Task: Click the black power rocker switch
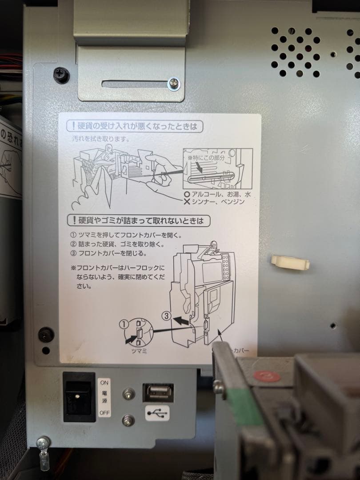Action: coord(79,397)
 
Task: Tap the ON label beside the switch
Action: coord(104,382)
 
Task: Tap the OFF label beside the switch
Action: coord(104,413)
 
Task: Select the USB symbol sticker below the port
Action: coord(157,413)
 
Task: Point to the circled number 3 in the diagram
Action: coord(165,316)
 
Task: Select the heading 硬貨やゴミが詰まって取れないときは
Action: coord(138,220)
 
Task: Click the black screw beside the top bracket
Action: coord(61,74)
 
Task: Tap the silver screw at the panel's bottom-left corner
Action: coord(44,442)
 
